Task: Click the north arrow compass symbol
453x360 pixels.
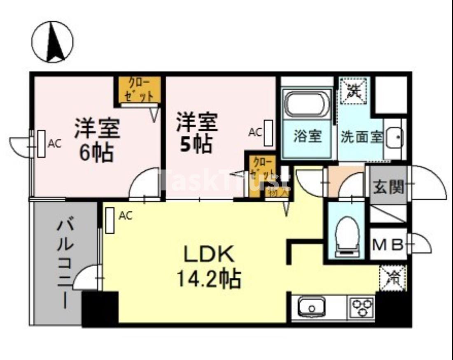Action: pyautogui.click(x=52, y=42)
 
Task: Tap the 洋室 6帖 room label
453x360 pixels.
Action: pyautogui.click(x=97, y=140)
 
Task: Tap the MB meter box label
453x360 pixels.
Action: pyautogui.click(x=387, y=245)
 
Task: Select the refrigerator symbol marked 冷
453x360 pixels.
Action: pyautogui.click(x=392, y=278)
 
